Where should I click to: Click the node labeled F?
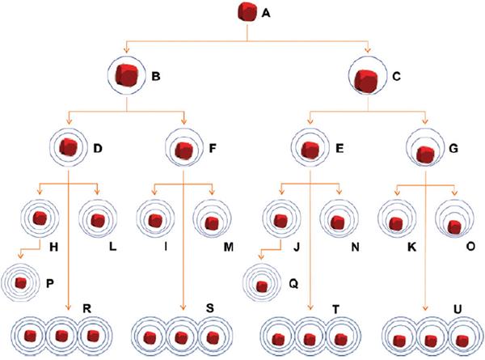pos(185,150)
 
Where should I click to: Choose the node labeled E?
pos(309,150)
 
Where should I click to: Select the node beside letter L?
pos(98,220)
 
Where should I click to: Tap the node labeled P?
pos(20,283)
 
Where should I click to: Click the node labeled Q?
pos(264,286)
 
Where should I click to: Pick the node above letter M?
pos(212,222)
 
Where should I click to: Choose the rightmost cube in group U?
pos(461,338)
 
